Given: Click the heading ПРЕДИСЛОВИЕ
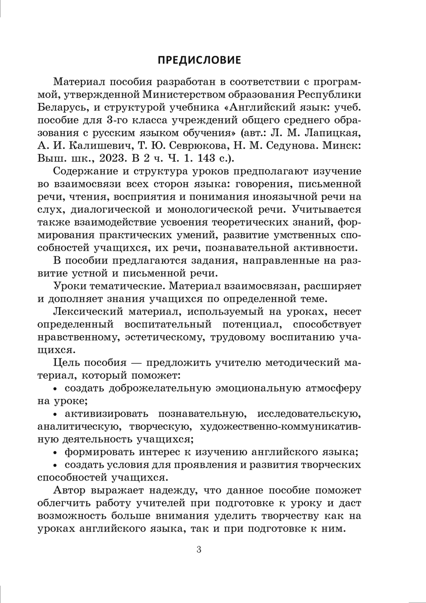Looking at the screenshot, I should (199, 60).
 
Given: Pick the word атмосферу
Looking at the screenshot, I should (333, 388).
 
